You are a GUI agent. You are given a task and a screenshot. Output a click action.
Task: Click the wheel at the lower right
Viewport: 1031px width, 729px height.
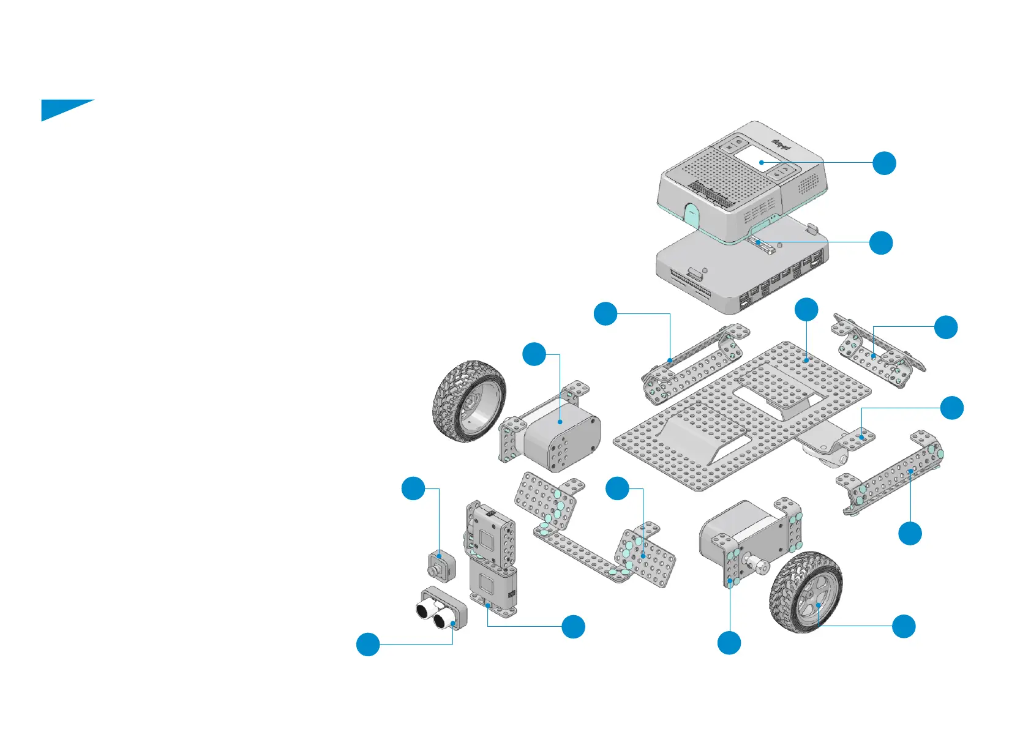pos(806,593)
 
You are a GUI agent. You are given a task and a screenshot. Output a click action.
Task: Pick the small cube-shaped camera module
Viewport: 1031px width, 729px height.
pos(441,566)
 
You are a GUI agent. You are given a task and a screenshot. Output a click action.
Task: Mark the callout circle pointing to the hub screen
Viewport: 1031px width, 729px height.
pos(884,163)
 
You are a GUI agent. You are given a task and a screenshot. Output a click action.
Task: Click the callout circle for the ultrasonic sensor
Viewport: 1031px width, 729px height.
pos(368,644)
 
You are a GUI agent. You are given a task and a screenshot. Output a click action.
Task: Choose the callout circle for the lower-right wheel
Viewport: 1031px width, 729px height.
pos(904,626)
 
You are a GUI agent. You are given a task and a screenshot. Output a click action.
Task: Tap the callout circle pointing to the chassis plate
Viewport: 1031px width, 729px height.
pos(806,310)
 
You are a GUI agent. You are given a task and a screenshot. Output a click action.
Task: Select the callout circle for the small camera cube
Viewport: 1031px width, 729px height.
pos(413,488)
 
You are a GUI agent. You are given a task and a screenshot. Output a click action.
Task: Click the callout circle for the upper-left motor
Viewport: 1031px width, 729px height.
pos(534,354)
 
